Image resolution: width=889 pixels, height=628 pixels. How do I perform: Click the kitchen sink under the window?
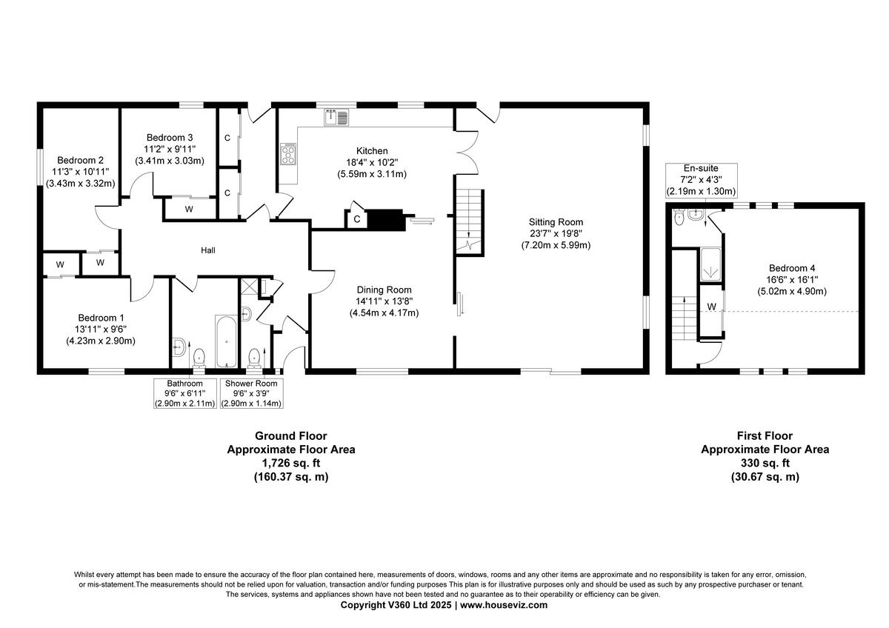[336, 117]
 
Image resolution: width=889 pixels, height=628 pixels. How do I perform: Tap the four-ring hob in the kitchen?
[287, 154]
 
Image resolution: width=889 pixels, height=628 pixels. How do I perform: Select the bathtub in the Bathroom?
[224, 341]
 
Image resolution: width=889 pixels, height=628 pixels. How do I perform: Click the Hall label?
[208, 251]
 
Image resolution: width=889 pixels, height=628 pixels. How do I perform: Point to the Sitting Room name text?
[555, 222]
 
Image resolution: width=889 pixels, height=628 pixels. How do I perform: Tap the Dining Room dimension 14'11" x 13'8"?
[384, 301]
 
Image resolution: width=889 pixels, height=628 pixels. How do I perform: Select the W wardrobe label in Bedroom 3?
[189, 210]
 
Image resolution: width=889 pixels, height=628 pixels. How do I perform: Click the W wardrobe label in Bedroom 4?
[711, 307]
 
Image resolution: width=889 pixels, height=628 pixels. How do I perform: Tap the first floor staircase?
[684, 318]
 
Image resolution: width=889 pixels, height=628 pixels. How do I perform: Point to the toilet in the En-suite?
[679, 218]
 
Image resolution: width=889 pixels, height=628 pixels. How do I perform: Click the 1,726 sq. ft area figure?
[290, 463]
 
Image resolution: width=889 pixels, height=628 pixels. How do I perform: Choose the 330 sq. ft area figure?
[765, 463]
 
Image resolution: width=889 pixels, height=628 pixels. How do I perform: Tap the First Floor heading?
[765, 436]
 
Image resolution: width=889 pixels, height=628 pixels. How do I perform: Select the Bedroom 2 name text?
[80, 161]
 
